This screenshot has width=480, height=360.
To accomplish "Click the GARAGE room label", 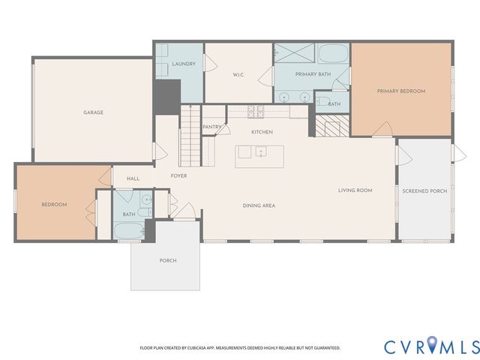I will [93, 112].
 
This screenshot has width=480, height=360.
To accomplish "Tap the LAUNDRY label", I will [184, 64].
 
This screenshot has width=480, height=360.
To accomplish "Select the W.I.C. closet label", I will [239, 74].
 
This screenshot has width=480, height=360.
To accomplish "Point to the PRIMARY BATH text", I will [313, 74].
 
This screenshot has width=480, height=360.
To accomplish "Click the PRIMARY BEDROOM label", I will [400, 91].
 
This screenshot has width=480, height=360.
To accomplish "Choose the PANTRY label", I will [211, 127].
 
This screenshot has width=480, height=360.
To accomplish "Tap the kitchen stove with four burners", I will [256, 112].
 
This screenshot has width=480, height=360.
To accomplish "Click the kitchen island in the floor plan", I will [251, 151].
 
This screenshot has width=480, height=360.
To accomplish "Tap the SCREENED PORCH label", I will [424, 191].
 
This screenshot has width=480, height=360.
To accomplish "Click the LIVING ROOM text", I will [355, 190].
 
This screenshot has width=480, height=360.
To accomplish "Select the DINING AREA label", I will [258, 205].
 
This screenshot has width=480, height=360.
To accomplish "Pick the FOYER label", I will [178, 175].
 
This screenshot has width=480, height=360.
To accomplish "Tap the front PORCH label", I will [168, 260].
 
